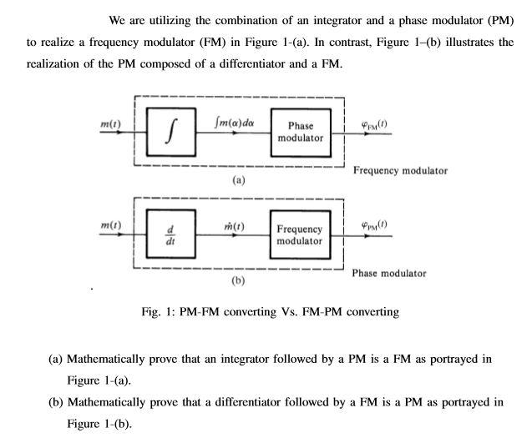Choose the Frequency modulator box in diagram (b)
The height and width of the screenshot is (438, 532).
[299, 234]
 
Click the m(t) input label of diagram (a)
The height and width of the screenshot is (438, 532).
[110, 123]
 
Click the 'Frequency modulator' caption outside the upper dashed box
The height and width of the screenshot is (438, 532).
[400, 170]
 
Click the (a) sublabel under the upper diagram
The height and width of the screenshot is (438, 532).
[238, 179]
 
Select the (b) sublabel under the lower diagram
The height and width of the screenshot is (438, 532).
[238, 282]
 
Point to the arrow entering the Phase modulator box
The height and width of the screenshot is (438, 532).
[266, 133]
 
